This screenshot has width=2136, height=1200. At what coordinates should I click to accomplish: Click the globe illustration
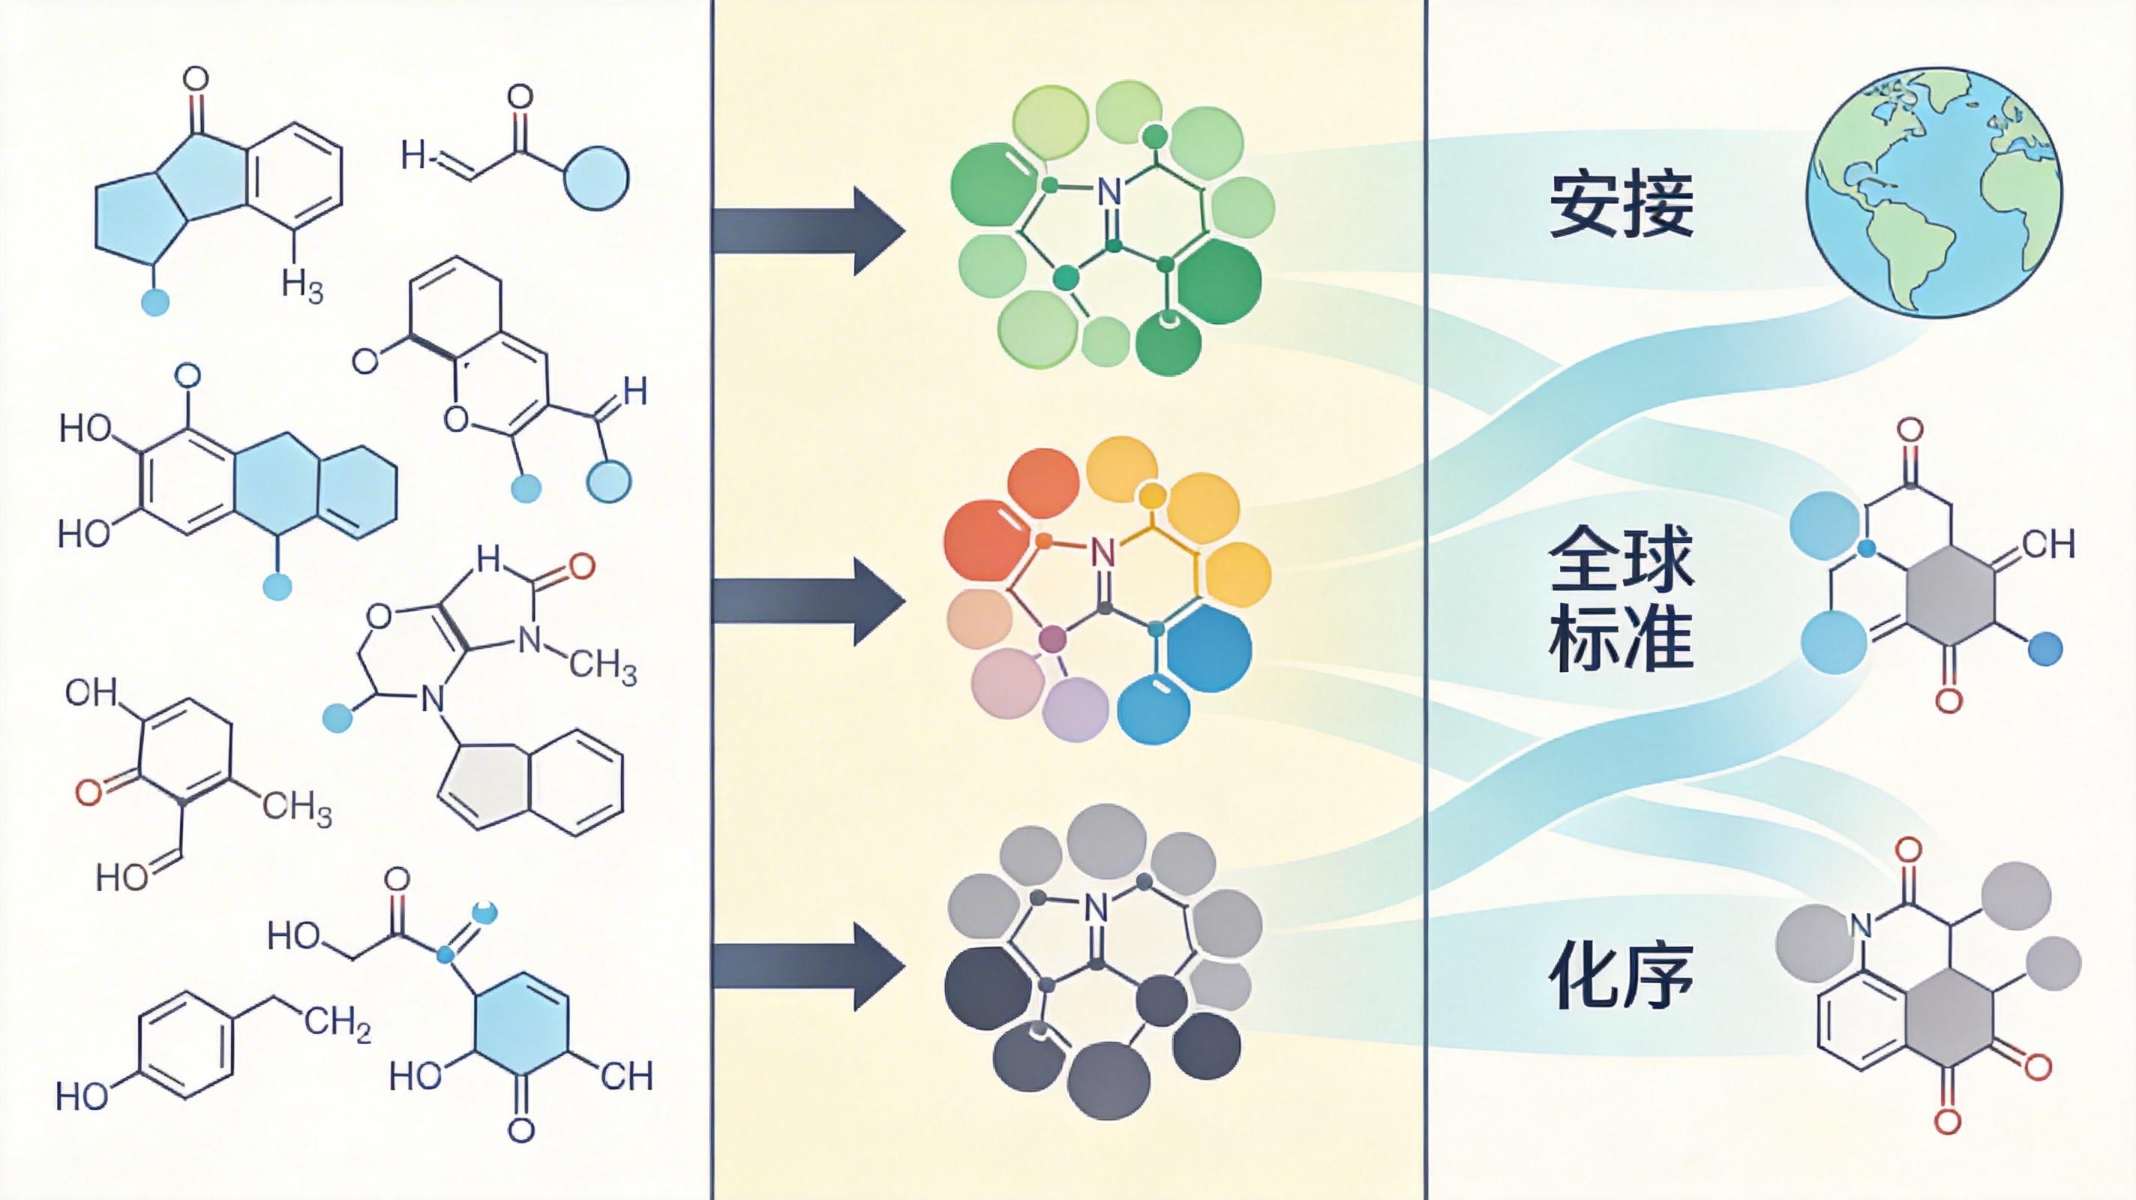1932,193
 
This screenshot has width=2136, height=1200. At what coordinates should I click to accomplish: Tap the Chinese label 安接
1621,205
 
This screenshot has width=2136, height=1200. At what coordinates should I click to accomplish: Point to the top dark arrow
808,230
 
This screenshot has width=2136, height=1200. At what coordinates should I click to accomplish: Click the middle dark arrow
808,601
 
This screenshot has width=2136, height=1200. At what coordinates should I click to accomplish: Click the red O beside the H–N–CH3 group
581,566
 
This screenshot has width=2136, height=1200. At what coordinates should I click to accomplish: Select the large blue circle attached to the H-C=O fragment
596,177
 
